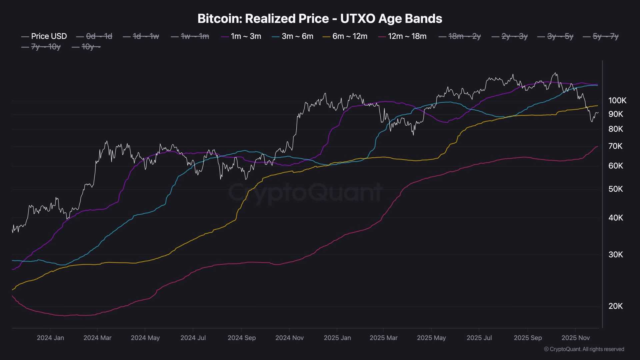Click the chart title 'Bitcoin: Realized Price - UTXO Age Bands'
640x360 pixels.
tap(320, 19)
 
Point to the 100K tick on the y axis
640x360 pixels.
tap(617, 100)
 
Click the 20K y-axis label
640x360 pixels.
tap(615, 306)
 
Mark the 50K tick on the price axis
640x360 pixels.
tap(615, 189)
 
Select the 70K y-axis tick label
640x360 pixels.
tap(615, 146)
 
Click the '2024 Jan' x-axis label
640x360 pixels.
tap(50, 338)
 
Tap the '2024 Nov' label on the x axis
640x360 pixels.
tap(289, 338)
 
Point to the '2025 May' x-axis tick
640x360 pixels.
tap(431, 338)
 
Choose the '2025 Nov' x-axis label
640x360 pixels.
tap(575, 338)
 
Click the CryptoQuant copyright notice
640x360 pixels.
tap(584, 349)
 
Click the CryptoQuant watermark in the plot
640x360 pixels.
tap(305, 193)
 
